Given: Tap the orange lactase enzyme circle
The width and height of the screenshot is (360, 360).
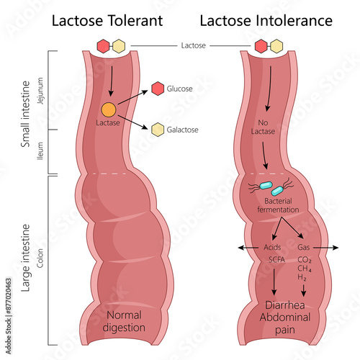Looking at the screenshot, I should click(107, 109).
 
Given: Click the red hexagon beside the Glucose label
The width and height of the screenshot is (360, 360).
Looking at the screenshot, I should click(158, 89).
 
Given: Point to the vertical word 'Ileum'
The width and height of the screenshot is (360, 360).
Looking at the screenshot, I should click(40, 149).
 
